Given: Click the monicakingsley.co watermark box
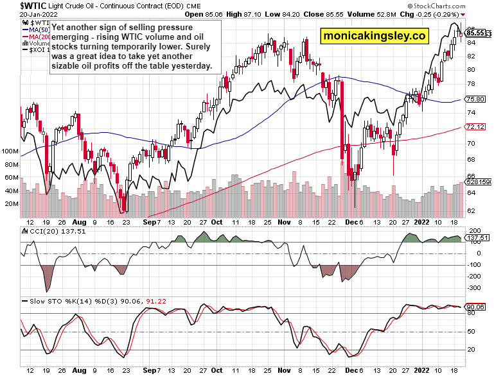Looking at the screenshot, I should (376, 37).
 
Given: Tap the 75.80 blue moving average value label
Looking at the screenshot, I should (475, 99).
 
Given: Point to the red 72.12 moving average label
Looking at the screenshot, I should (475, 126).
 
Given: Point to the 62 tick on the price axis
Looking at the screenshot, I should (471, 210).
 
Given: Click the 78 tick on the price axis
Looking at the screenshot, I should (471, 85).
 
